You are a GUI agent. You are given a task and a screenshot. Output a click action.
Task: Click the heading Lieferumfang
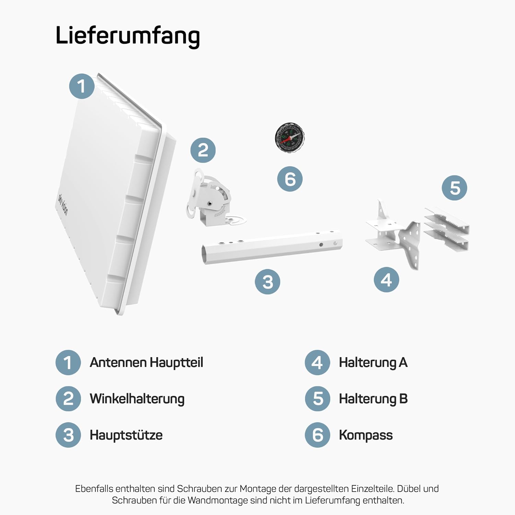(x=127, y=36)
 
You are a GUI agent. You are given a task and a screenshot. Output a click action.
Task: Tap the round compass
(x=290, y=137)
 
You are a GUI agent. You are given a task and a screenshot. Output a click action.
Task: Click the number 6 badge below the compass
(x=290, y=179)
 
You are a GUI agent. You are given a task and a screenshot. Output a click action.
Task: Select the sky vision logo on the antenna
(x=62, y=204)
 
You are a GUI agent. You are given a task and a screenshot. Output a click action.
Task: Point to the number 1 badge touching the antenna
(x=82, y=86)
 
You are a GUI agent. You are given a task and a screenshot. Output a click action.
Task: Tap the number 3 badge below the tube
(x=267, y=282)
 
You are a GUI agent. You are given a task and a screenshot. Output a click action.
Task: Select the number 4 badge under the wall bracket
(x=387, y=280)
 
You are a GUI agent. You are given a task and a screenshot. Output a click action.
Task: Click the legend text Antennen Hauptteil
(x=146, y=363)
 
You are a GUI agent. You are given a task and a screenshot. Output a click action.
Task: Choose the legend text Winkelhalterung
(x=137, y=399)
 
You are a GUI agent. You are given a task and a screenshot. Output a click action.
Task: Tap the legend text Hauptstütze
(x=126, y=435)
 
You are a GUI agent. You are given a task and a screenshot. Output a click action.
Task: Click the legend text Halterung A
(x=373, y=363)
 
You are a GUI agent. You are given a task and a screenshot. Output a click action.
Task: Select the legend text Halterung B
(x=373, y=399)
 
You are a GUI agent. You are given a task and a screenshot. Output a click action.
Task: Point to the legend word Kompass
(x=366, y=435)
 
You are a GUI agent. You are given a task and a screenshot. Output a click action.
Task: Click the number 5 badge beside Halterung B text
(x=318, y=399)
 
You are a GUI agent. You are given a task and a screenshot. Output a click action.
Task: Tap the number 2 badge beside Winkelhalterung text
(x=68, y=399)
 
